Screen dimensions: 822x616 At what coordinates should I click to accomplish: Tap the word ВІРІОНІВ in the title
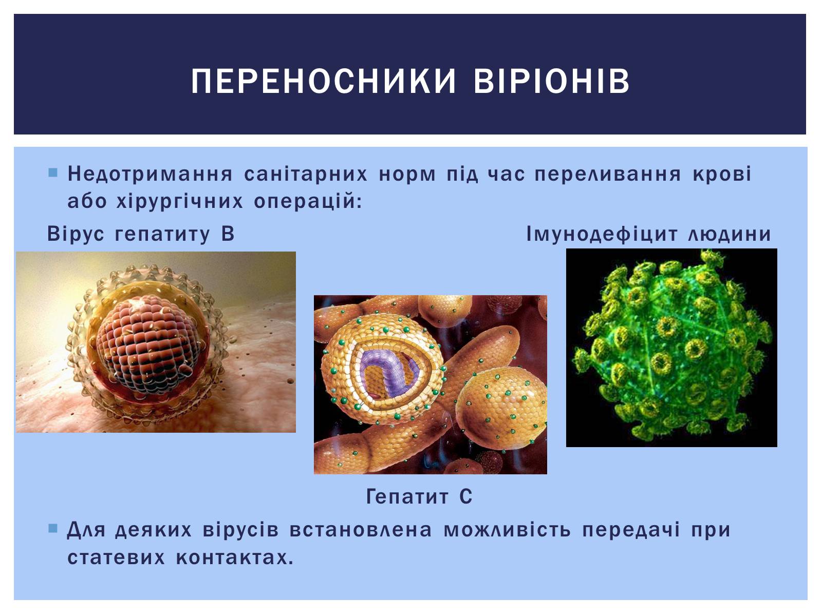coord(552,81)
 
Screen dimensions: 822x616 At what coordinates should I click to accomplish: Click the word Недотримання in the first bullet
coord(150,174)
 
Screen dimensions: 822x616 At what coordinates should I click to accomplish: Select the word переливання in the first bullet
coord(608,174)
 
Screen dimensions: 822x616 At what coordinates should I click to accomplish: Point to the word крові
coord(722,174)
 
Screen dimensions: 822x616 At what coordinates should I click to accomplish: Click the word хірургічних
coord(180,201)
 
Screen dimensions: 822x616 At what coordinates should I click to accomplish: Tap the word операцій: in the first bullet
coord(308,201)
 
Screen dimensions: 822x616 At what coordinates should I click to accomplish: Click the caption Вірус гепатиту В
coord(141,234)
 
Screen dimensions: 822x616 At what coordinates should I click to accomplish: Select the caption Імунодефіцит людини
coord(649,234)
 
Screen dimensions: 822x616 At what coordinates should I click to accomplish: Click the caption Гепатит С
coord(419,497)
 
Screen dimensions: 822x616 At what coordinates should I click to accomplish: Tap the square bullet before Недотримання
coord(53,173)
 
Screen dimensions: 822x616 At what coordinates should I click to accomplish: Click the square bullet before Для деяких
coord(53,528)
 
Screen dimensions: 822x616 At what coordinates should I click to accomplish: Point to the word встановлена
coord(361,530)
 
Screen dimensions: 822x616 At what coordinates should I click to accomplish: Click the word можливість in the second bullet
coord(508,530)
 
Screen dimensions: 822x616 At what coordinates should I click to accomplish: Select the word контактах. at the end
coord(235,557)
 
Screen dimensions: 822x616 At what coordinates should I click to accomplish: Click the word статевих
coord(116,557)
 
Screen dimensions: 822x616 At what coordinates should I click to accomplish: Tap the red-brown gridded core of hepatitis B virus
coord(148,344)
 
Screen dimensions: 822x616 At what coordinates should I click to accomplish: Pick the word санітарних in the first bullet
coord(306,174)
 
